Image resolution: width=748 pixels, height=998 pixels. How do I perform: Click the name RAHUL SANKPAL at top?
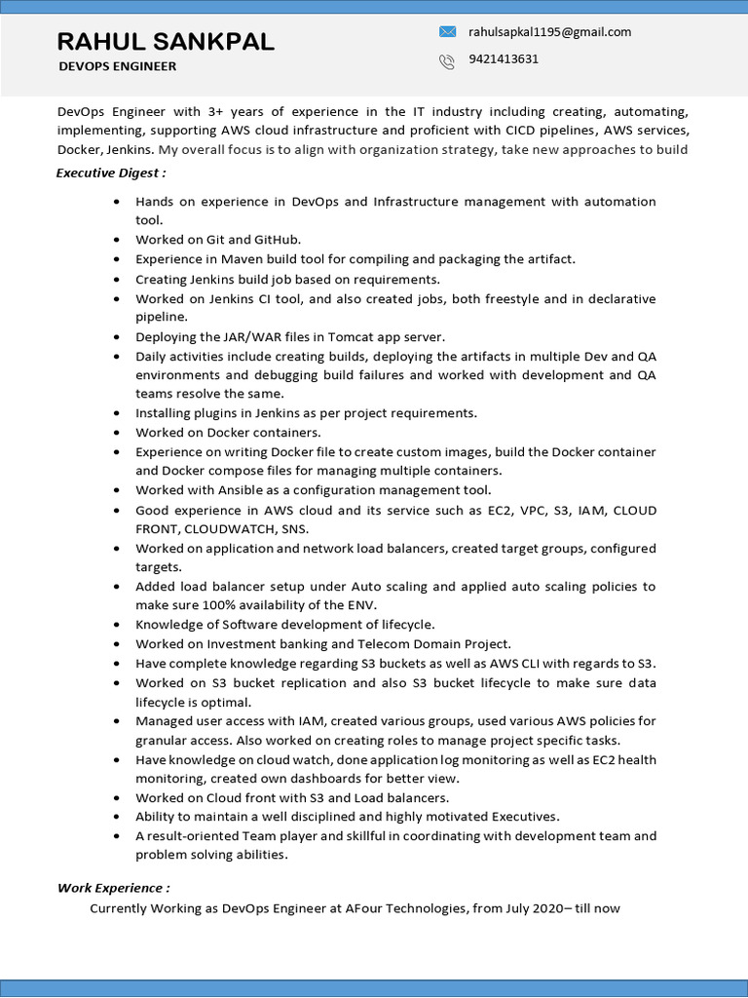tap(166, 41)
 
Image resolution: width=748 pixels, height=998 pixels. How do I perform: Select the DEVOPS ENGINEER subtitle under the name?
tap(117, 66)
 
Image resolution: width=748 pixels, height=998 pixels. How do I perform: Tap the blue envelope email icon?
tap(447, 31)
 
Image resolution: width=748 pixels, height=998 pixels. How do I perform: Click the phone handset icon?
tap(447, 60)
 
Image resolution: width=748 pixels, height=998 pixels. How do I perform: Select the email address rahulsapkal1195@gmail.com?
tap(549, 31)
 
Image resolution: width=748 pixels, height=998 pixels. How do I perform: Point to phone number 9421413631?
tap(504, 58)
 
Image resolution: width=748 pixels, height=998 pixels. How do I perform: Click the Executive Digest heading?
tap(110, 173)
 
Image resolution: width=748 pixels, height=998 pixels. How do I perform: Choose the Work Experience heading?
tap(113, 888)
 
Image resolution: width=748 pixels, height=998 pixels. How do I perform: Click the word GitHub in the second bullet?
tap(277, 240)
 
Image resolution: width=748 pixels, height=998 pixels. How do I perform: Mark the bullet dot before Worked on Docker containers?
tap(117, 433)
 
